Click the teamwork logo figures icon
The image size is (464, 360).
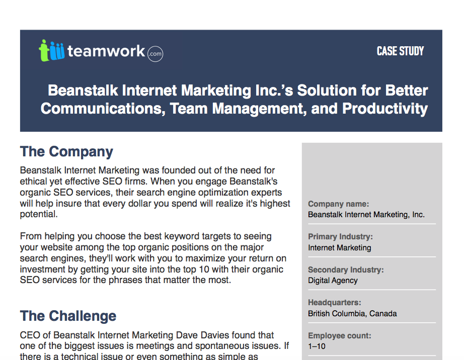(52, 51)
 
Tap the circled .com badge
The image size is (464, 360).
(155, 53)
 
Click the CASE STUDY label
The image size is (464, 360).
(400, 51)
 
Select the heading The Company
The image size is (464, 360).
(66, 151)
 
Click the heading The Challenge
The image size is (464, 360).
(68, 316)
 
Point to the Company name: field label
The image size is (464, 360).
(338, 204)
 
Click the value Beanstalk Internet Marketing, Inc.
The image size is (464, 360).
(366, 215)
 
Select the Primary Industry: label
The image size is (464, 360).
(340, 237)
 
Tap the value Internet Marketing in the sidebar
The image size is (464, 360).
(340, 248)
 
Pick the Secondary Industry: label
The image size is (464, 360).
(346, 270)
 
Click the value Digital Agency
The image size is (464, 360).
(333, 281)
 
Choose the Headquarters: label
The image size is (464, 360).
(334, 303)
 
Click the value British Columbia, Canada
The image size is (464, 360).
(352, 314)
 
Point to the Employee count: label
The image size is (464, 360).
(340, 335)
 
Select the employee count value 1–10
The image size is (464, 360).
(317, 346)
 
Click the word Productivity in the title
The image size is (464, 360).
(385, 109)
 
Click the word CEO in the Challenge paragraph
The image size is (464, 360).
(29, 335)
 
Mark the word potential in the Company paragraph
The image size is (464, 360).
(39, 214)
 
